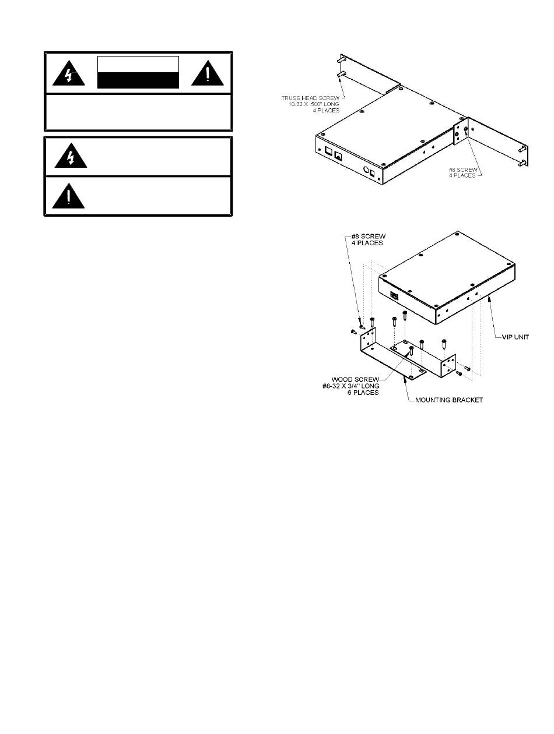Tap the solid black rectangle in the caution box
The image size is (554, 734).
(138, 80)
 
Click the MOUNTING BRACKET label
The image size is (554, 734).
(450, 400)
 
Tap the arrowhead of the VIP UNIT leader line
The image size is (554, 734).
(489, 296)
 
